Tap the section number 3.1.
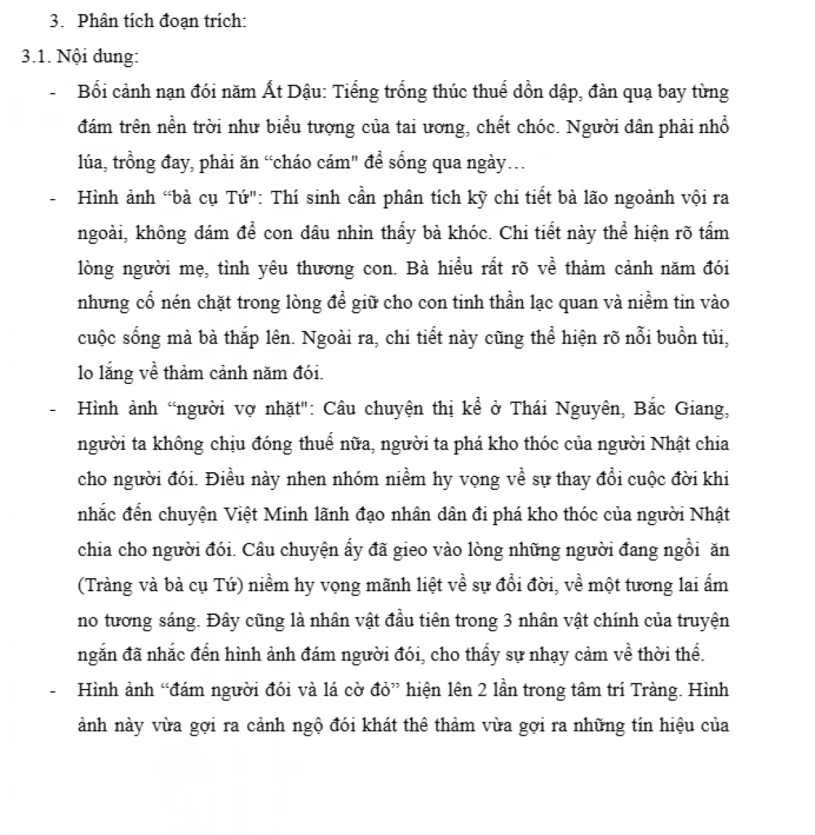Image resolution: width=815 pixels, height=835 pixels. click(x=35, y=56)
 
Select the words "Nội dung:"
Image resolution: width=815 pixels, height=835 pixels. click(x=97, y=56)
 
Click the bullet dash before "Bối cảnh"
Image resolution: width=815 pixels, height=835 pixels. click(x=52, y=92)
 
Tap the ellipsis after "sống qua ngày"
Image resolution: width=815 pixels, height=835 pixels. click(x=516, y=163)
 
